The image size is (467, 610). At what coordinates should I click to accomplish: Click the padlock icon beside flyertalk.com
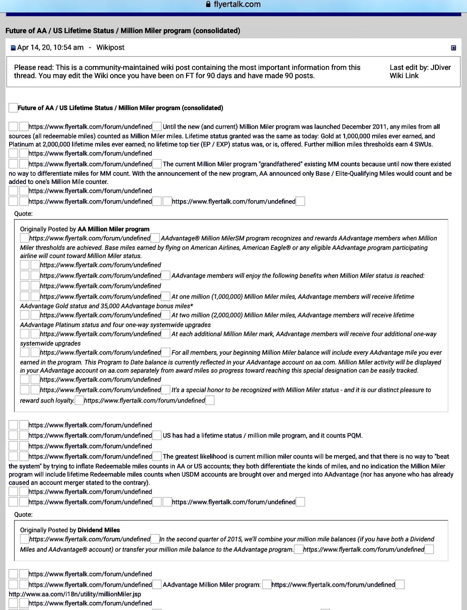click(208, 4)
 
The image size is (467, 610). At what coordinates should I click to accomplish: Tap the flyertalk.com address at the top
click(237, 4)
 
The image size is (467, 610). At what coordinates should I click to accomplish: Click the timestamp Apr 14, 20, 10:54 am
click(50, 48)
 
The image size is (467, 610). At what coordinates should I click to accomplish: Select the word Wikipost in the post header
click(110, 48)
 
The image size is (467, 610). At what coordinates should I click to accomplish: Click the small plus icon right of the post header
click(453, 48)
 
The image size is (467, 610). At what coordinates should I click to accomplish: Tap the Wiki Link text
click(404, 76)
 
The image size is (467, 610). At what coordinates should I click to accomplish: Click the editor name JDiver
click(440, 67)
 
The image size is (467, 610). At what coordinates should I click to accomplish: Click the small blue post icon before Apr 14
click(13, 48)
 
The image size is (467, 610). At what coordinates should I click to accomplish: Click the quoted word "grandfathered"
click(283, 164)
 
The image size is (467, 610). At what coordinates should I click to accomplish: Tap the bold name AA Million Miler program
click(113, 229)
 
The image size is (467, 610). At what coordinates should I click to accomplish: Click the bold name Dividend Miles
click(99, 530)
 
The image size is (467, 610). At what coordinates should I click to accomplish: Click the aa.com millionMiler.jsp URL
click(75, 594)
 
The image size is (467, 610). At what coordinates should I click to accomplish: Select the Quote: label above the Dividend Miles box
click(23, 515)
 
